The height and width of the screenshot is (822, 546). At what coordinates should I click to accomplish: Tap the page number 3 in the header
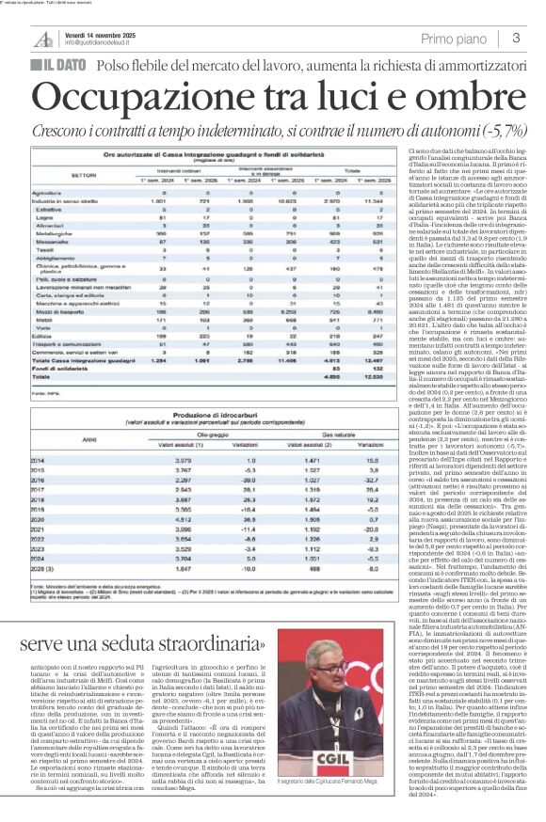pyautogui.click(x=516, y=38)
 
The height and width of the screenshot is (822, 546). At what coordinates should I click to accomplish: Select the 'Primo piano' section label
pyautogui.click(x=456, y=38)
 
